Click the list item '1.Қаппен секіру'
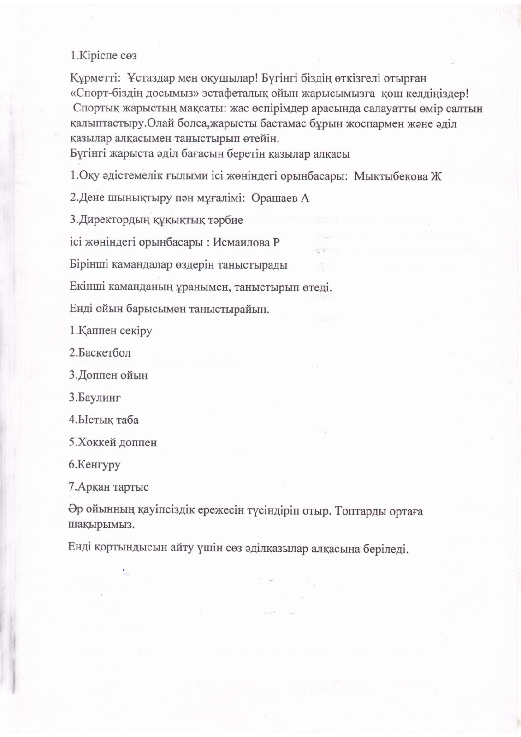[111, 331]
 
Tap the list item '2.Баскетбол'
[100, 353]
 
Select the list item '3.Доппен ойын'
[108, 375]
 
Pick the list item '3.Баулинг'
[95, 398]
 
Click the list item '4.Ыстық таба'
[104, 420]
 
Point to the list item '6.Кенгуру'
[95, 464]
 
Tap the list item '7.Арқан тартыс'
[109, 486]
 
